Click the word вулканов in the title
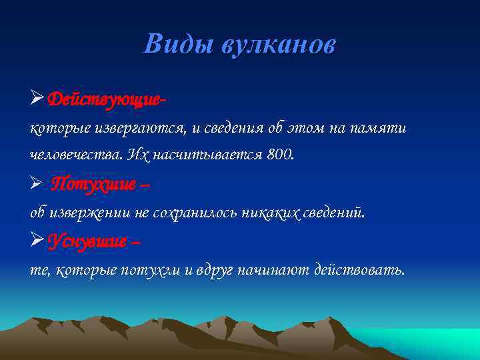(x=279, y=45)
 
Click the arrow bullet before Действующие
(x=37, y=99)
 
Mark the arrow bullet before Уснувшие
(x=37, y=241)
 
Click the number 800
(x=279, y=155)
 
